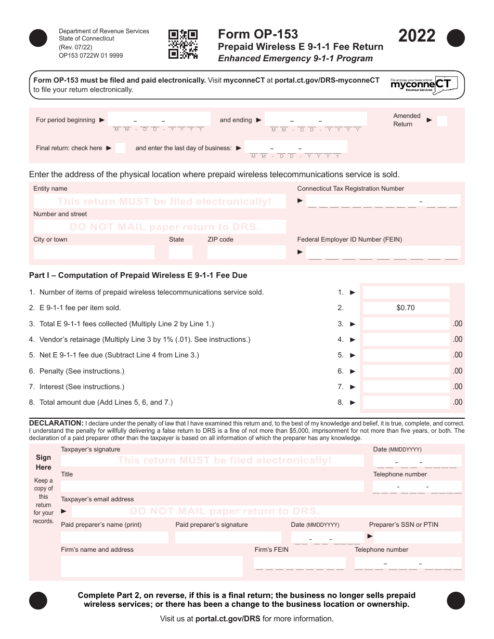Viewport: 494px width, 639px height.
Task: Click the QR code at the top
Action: tap(183, 44)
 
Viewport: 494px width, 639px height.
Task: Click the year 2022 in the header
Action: tap(417, 36)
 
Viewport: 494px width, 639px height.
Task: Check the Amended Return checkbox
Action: tap(442, 121)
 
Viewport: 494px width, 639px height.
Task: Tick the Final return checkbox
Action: tap(120, 148)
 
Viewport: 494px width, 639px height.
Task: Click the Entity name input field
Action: tap(160, 201)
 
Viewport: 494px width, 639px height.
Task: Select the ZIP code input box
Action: tap(246, 252)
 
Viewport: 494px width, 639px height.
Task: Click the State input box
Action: tap(180, 252)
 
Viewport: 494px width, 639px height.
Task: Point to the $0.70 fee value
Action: tap(406, 308)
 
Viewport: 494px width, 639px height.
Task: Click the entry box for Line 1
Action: tap(406, 292)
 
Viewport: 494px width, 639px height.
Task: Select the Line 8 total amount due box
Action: tap(406, 402)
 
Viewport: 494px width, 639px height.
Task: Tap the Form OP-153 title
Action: tap(258, 34)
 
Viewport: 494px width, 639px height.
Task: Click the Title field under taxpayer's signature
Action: tap(212, 486)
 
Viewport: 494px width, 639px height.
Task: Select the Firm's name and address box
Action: tap(151, 566)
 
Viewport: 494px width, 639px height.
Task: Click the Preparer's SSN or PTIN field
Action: tap(418, 537)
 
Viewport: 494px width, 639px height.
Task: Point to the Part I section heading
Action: tap(138, 275)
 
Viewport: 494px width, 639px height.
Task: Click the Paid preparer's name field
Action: tap(114, 537)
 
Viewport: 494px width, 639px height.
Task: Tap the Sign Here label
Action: tap(44, 462)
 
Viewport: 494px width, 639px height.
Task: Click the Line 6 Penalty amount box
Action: tap(406, 371)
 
